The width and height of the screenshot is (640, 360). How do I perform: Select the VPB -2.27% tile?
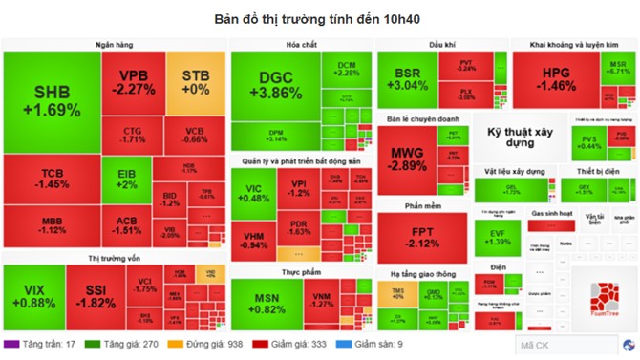tap(133, 83)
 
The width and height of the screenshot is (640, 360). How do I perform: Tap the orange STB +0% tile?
tap(195, 82)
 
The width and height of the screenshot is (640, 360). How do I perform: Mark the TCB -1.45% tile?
tap(52, 178)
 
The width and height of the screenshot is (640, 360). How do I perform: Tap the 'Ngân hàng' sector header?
tap(114, 45)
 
